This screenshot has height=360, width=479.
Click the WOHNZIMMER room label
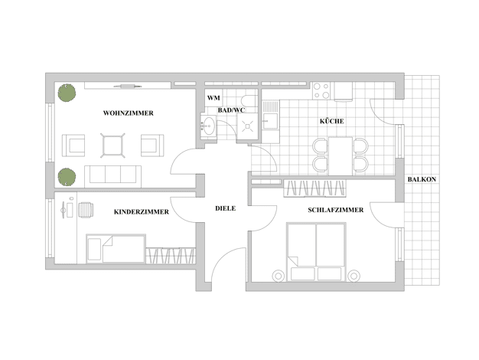(x=129, y=113)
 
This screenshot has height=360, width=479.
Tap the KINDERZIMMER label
(x=142, y=212)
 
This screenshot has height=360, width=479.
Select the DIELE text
(x=226, y=208)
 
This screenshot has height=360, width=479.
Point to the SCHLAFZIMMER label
(x=336, y=210)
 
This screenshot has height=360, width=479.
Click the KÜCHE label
(x=332, y=121)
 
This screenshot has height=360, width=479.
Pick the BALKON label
(x=422, y=179)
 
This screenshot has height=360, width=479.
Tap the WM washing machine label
(x=213, y=98)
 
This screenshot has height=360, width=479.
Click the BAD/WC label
(x=231, y=110)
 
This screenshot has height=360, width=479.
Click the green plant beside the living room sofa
(x=67, y=177)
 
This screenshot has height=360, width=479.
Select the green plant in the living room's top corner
(x=67, y=93)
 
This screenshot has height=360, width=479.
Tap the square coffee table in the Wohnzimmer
(x=112, y=146)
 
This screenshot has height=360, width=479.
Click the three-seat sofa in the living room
(x=112, y=176)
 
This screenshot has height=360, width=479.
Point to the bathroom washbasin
(x=209, y=126)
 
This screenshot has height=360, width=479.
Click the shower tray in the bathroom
(x=247, y=126)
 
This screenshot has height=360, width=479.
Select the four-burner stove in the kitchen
(x=321, y=91)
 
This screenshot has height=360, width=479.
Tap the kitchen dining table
(x=341, y=156)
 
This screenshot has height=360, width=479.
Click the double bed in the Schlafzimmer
(x=316, y=252)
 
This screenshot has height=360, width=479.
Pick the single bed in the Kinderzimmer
(x=116, y=249)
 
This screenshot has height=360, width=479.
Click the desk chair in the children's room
(x=86, y=210)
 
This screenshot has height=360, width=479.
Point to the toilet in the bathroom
(x=249, y=100)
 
